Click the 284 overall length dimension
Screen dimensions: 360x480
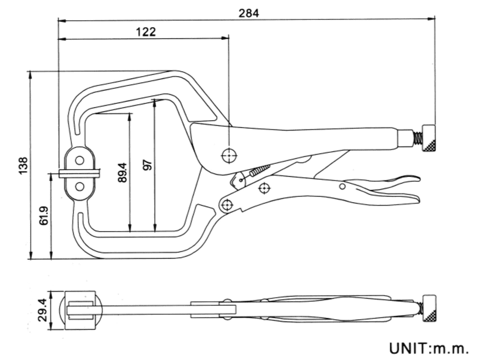[249, 12]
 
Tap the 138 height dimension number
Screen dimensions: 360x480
[22, 165]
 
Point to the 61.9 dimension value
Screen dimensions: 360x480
[44, 216]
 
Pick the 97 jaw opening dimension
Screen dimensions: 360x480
[147, 165]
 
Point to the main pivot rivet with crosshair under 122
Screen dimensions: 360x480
[229, 157]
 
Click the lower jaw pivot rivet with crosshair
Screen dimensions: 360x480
[226, 204]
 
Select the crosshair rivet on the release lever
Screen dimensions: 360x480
[264, 189]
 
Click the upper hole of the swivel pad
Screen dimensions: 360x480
[80, 160]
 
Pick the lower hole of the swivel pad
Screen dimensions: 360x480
[80, 187]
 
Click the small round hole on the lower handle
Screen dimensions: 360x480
[342, 187]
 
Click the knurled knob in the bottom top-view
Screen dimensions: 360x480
[431, 308]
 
